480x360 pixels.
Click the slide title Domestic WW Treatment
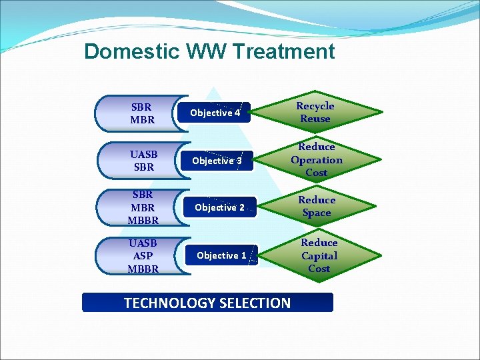209,51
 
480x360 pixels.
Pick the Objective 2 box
219,207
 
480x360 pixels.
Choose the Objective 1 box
221,255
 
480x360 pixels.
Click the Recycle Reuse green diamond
315,112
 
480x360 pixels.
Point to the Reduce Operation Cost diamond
317,160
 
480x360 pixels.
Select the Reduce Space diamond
317,207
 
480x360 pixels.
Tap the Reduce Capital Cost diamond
319,255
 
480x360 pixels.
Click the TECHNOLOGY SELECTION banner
207,303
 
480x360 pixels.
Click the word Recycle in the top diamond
315,106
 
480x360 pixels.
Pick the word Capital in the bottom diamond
319,255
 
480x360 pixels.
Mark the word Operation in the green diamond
317,160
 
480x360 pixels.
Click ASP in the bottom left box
143,256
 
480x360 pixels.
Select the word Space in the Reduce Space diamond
317,213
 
